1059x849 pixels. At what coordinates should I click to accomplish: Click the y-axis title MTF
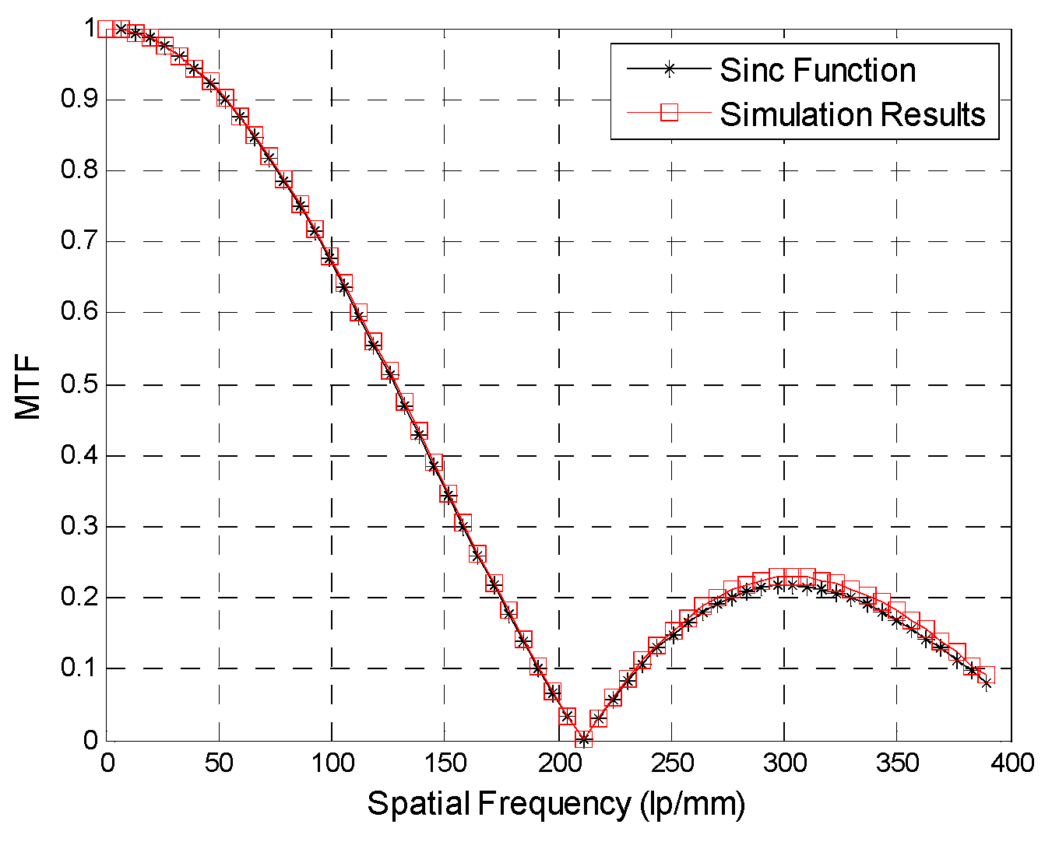[x=28, y=385]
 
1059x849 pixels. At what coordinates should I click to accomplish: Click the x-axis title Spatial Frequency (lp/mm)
[x=556, y=804]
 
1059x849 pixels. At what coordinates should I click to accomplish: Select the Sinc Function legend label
[x=818, y=70]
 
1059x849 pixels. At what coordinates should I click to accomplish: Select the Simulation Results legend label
[x=853, y=114]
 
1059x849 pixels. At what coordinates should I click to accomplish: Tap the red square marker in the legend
[x=668, y=113]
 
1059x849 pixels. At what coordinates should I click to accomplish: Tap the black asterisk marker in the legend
[x=668, y=68]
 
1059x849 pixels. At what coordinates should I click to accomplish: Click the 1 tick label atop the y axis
[x=90, y=29]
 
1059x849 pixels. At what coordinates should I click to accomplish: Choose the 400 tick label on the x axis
[x=1011, y=763]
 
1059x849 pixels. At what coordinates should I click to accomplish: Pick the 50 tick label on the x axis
[x=219, y=763]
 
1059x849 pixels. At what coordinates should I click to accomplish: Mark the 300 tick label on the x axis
[x=784, y=763]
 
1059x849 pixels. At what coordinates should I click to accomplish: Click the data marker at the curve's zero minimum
[x=583, y=739]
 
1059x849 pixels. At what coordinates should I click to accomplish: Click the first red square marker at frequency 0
[x=107, y=29]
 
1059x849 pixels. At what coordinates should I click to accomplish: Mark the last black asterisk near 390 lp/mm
[x=987, y=683]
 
